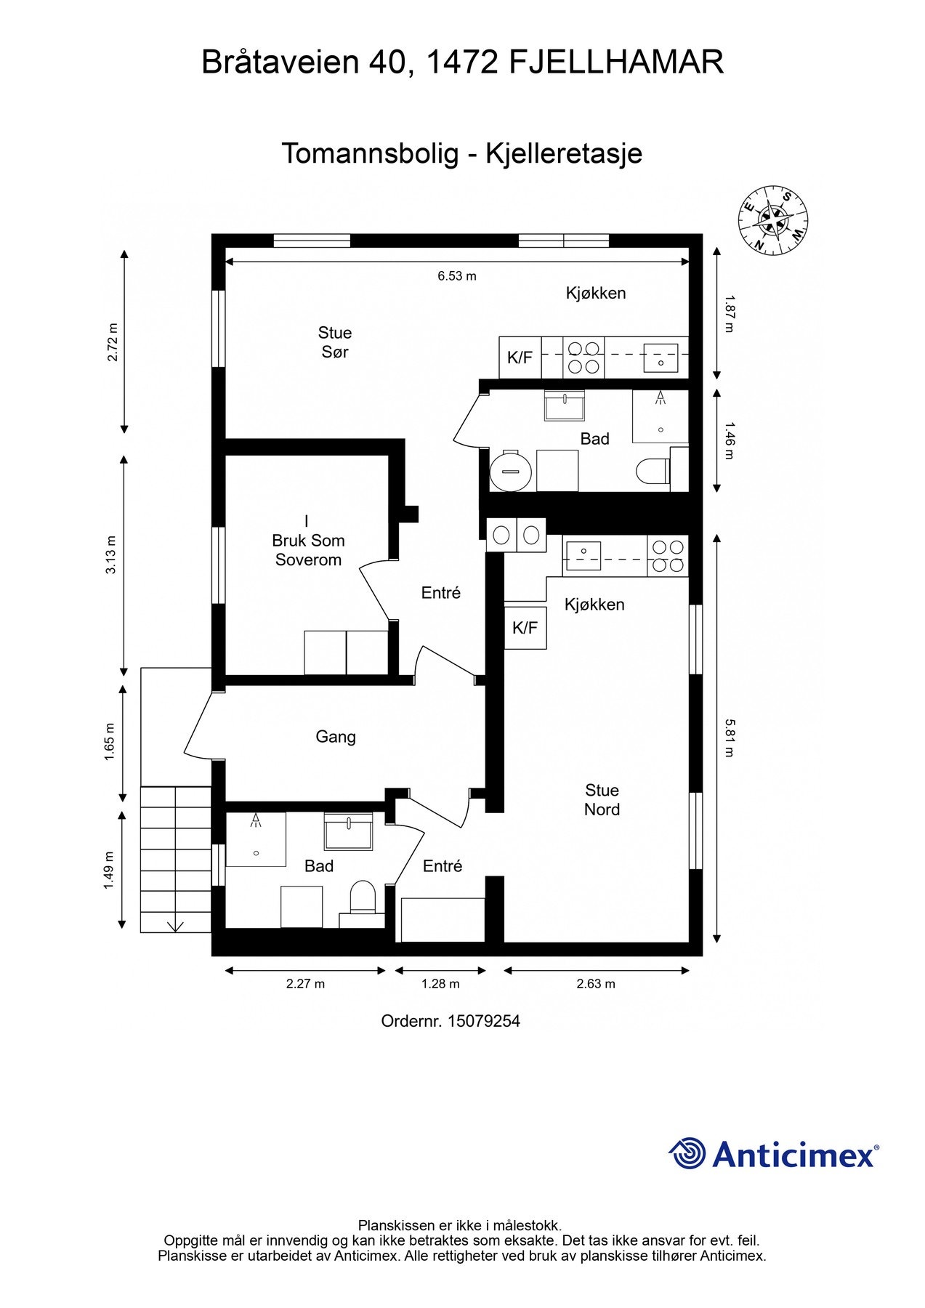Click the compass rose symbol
[773, 220]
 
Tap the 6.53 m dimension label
[457, 276]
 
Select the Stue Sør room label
[335, 342]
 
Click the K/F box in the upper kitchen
[520, 358]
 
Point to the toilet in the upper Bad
[653, 472]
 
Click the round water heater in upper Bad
[511, 471]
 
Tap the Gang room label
[336, 737]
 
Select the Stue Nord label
[602, 800]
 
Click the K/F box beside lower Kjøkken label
[525, 628]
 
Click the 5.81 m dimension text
[730, 738]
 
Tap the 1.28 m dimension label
[440, 984]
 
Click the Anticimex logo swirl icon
[687, 1153]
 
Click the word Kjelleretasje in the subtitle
[564, 154]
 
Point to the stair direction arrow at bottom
[175, 926]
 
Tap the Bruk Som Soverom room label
[308, 541]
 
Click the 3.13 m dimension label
[110, 555]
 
